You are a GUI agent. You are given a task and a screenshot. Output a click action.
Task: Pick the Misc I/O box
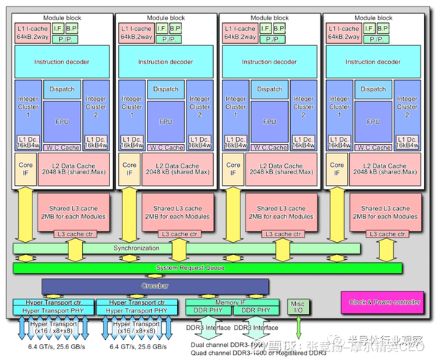coord(297,307)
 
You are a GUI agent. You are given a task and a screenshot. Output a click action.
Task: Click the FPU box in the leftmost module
coord(63,121)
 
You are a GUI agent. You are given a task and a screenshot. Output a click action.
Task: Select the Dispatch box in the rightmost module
coord(373,89)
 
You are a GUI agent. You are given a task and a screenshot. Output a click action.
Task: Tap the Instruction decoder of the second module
coord(166,62)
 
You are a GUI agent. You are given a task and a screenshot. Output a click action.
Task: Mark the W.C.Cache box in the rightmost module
coord(373,148)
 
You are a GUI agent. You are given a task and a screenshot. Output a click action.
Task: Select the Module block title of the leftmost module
coord(63,17)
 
